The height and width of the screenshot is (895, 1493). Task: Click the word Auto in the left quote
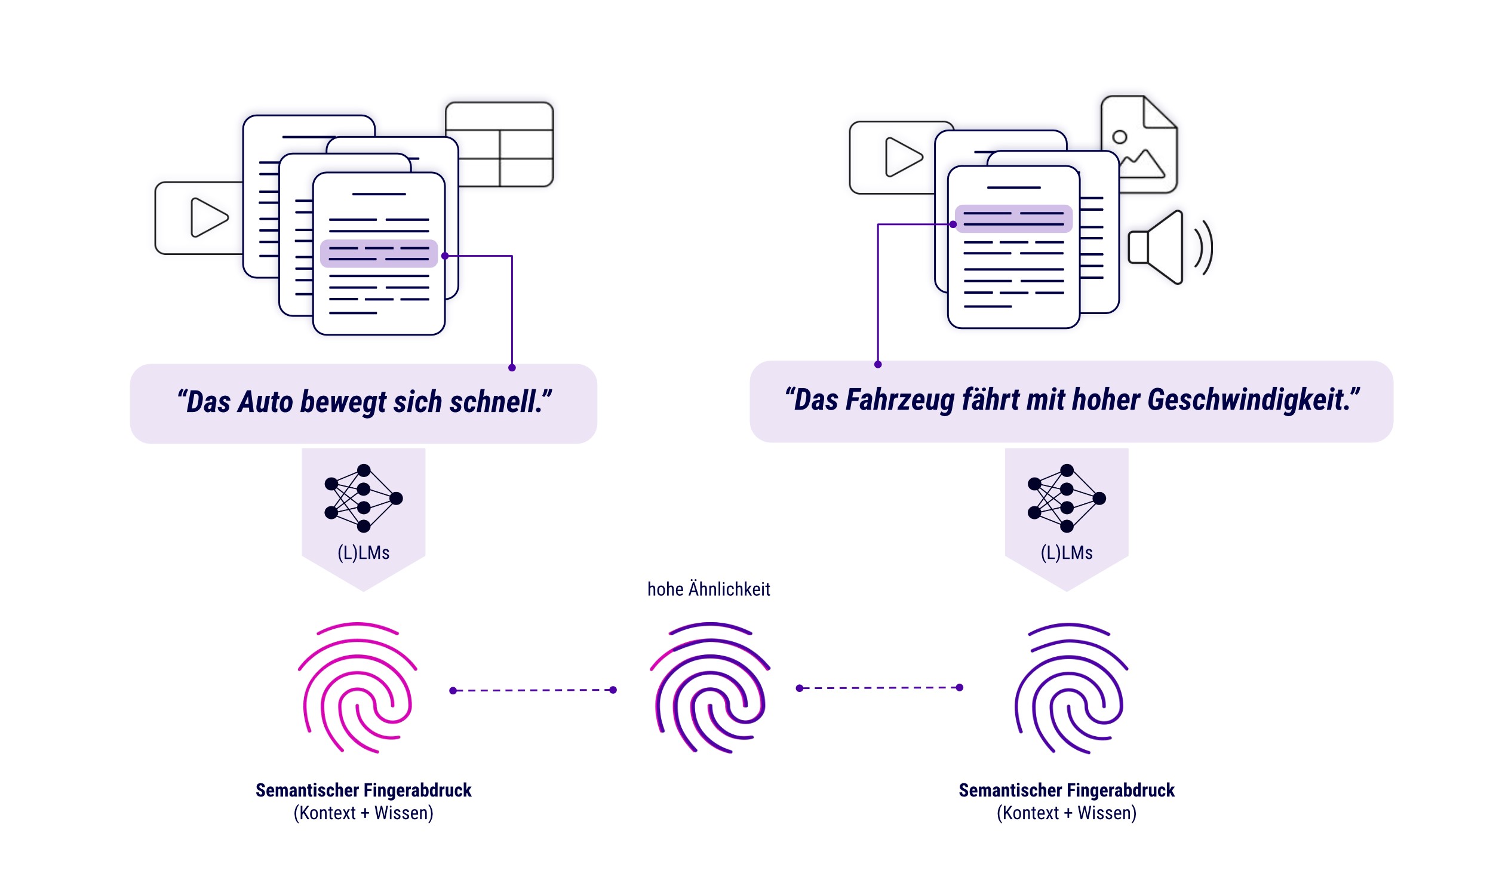tap(264, 402)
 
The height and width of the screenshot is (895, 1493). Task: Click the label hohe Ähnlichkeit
tap(708, 589)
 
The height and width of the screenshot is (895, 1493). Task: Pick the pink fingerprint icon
tap(357, 688)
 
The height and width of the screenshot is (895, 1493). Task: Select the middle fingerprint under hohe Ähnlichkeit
tap(709, 688)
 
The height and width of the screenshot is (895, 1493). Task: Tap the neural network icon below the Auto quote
tap(363, 498)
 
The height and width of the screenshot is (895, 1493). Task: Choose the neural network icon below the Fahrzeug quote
tap(1066, 498)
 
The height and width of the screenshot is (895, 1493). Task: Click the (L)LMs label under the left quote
tap(363, 552)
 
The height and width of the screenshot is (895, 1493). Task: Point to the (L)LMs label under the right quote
tap(1066, 552)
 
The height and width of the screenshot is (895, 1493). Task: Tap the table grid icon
tap(499, 144)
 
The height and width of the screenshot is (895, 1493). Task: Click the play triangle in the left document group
tap(208, 218)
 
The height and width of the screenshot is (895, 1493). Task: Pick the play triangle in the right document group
tap(903, 158)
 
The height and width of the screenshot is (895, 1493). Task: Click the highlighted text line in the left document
tap(379, 253)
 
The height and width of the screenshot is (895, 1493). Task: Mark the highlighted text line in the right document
tap(1013, 219)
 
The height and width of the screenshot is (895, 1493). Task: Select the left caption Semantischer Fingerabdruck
tap(363, 790)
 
